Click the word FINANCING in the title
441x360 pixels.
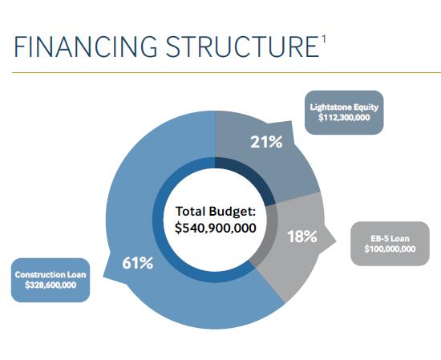tap(86, 47)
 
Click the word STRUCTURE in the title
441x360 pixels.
tap(242, 47)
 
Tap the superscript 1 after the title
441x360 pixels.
tap(323, 39)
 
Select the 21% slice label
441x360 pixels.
tap(266, 142)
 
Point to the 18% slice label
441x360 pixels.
tap(302, 237)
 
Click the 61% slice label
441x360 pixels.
tap(138, 263)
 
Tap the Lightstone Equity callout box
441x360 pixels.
tap(344, 112)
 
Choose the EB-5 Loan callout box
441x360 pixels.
tap(390, 244)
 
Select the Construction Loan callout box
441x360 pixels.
tap(51, 280)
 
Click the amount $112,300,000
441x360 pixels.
tap(344, 118)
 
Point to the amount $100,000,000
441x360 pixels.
tap(390, 249)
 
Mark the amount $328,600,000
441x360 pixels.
tap(51, 285)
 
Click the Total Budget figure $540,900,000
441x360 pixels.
tap(216, 228)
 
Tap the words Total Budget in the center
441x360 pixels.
tap(215, 212)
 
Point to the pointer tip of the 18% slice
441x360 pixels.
tap(336, 241)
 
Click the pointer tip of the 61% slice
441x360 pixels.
tap(103, 277)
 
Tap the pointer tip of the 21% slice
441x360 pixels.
tap(291, 122)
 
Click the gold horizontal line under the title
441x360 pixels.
tap(226, 73)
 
